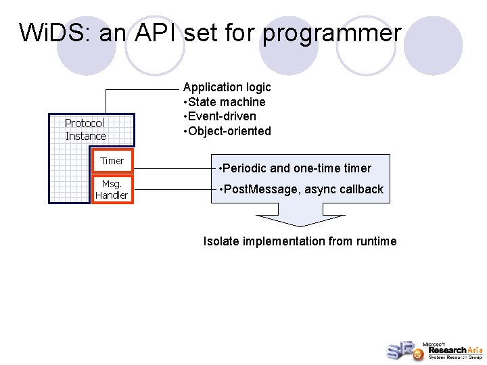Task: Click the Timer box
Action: pos(112,161)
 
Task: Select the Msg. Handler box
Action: pos(112,189)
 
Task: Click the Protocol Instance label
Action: pos(85,130)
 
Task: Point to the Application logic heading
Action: pos(227,87)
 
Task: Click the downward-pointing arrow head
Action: pos(300,220)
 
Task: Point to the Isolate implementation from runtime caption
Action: pos(300,241)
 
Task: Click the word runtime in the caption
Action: pos(376,241)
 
